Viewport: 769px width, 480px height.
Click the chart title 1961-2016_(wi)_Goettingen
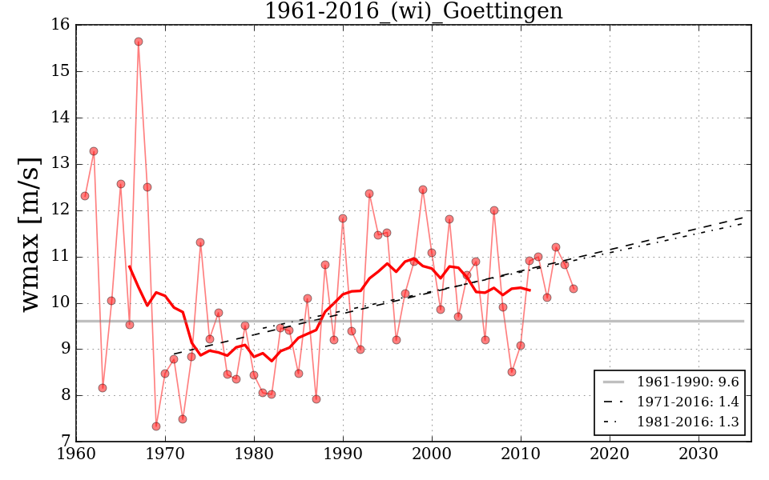coord(413,12)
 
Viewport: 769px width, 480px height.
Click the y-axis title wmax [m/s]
coord(30,234)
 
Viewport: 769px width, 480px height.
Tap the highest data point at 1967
coord(139,42)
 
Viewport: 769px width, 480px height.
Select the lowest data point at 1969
coord(156,426)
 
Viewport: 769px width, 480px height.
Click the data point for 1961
coord(85,196)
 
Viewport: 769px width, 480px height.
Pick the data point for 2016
coord(574,289)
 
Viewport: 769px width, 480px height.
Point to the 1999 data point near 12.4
coord(423,190)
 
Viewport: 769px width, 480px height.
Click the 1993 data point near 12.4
coord(369,194)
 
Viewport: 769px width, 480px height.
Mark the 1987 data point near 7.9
coord(316,399)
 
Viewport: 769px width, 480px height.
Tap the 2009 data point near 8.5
coord(512,372)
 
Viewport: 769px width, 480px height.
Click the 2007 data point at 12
coord(494,210)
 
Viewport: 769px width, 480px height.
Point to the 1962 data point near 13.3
coord(94,151)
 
